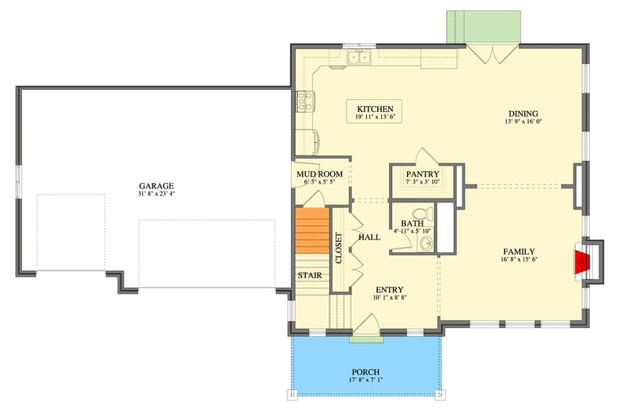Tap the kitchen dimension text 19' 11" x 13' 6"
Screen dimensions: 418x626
375,117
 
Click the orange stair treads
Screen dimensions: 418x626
311,232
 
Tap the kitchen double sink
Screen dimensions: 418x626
360,56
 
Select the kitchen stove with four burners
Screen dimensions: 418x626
304,101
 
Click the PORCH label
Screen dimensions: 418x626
365,372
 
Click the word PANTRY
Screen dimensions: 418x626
423,174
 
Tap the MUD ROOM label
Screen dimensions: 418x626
316,174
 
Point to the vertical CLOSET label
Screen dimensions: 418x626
339,248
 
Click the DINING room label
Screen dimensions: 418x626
523,113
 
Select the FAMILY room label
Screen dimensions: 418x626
519,252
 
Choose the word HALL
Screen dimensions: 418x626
369,237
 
